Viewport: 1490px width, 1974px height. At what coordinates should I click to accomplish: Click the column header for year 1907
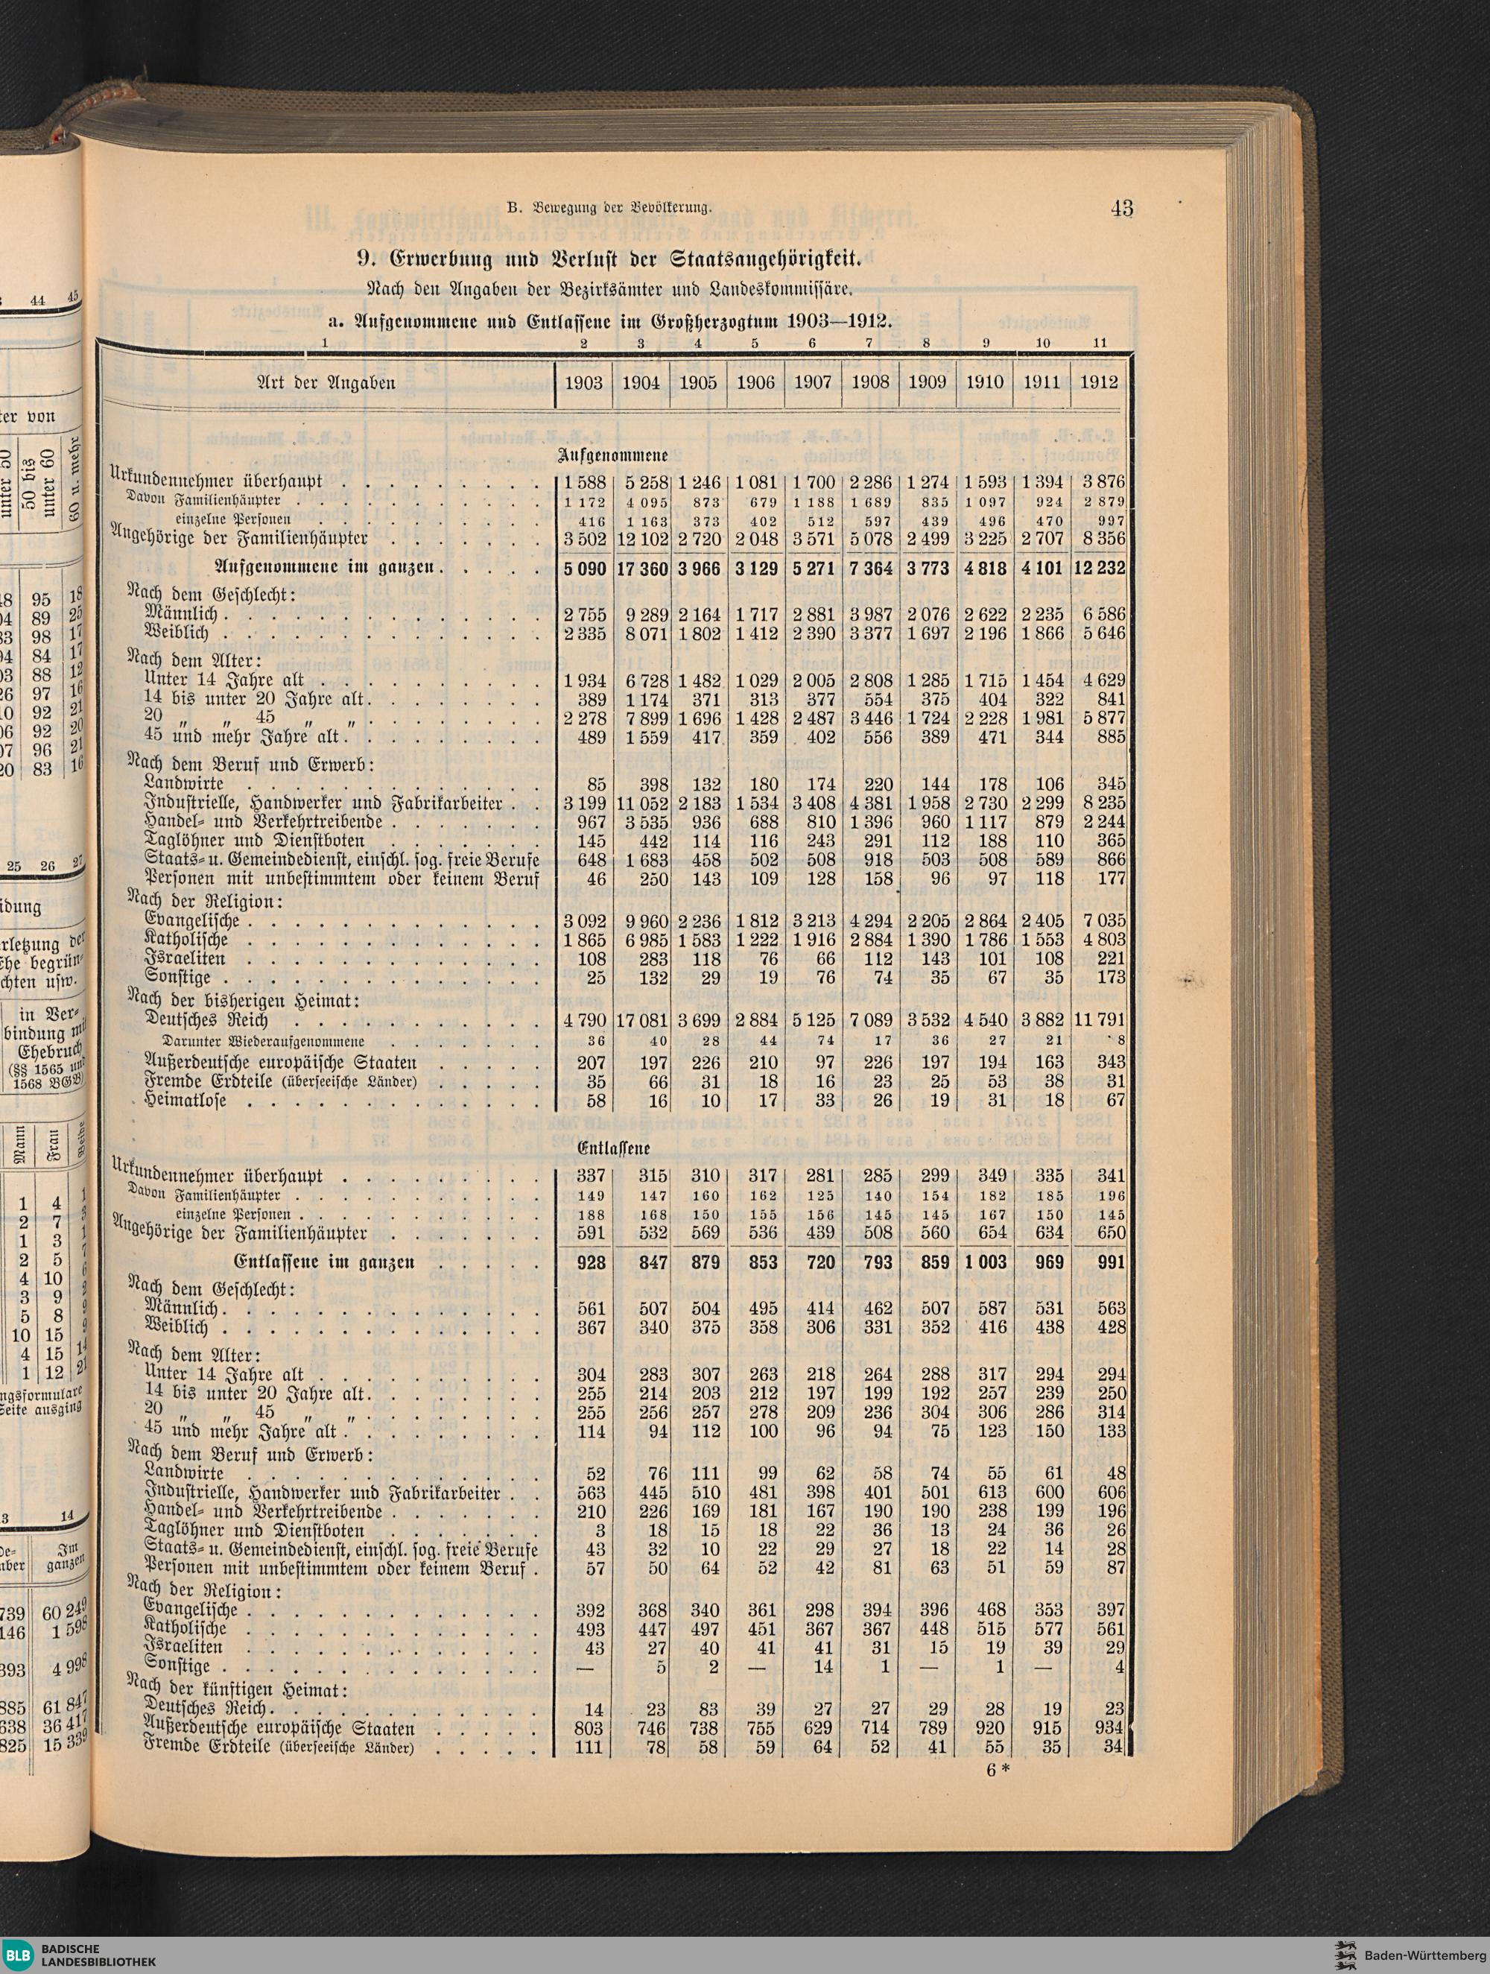coord(812,382)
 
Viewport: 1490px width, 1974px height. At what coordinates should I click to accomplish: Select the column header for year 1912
coord(1097,382)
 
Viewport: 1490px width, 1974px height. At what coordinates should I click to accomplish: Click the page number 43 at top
coord(1121,208)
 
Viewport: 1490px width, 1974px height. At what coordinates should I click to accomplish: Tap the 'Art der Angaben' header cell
coord(326,382)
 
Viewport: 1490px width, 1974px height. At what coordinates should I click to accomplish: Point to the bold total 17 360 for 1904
coord(641,568)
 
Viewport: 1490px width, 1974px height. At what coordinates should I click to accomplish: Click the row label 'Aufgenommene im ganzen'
coord(325,568)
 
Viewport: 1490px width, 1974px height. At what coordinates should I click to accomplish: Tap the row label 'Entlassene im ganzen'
coord(323,1263)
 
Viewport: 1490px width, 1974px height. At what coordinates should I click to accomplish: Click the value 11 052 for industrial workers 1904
coord(641,803)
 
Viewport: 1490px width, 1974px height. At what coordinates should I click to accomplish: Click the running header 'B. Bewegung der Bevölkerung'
coord(609,209)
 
